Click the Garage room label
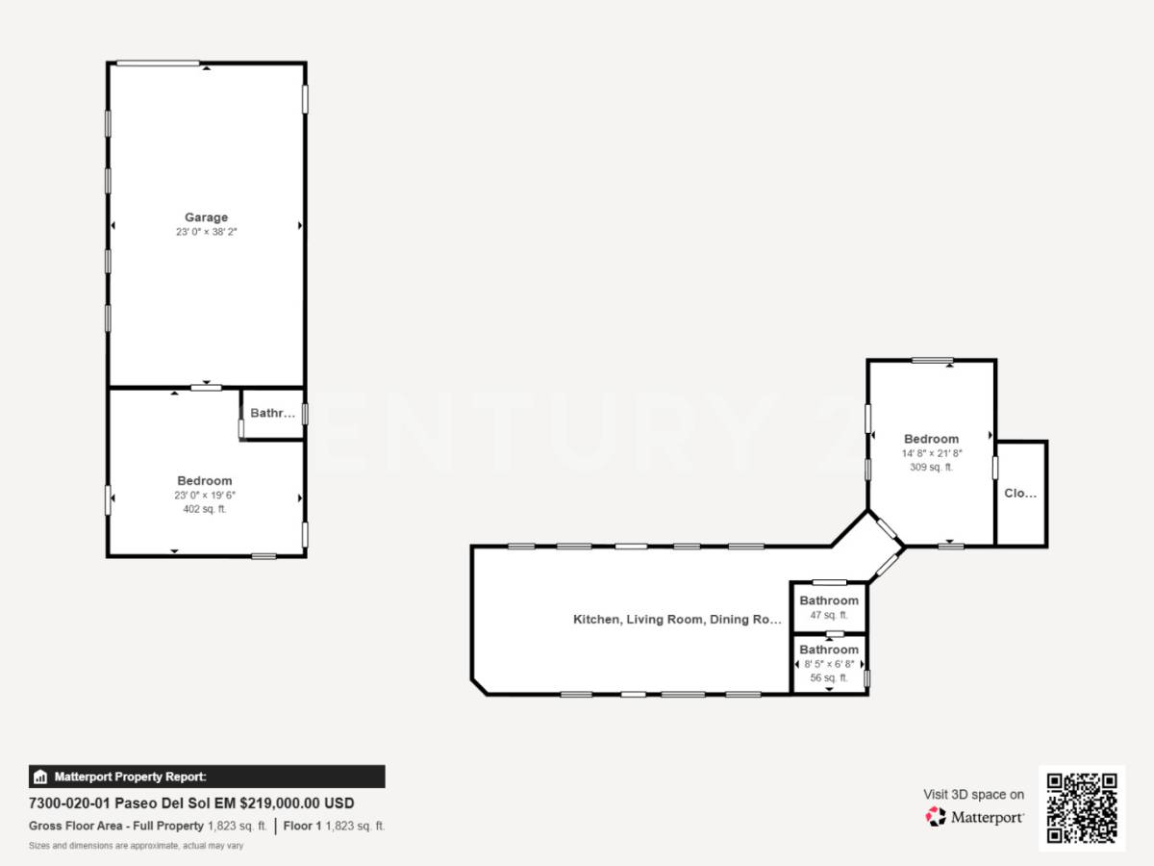[x=206, y=217]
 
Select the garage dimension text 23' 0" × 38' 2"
[x=206, y=232]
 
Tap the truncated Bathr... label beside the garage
[x=272, y=414]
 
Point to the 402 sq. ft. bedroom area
[x=204, y=509]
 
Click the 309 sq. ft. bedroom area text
[x=931, y=467]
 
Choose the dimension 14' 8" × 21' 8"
[x=931, y=453]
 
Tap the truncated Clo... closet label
[x=1020, y=494]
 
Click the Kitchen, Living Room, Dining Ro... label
[x=677, y=620]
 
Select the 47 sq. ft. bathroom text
[x=828, y=615]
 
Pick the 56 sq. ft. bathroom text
[x=828, y=677]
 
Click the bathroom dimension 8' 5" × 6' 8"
[x=828, y=664]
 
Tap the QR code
[x=1082, y=808]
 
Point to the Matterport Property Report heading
[x=130, y=777]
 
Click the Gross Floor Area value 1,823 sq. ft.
[x=238, y=826]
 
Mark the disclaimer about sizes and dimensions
[x=136, y=846]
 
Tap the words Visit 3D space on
[x=973, y=794]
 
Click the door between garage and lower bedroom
[x=206, y=388]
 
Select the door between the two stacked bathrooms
[x=835, y=633]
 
